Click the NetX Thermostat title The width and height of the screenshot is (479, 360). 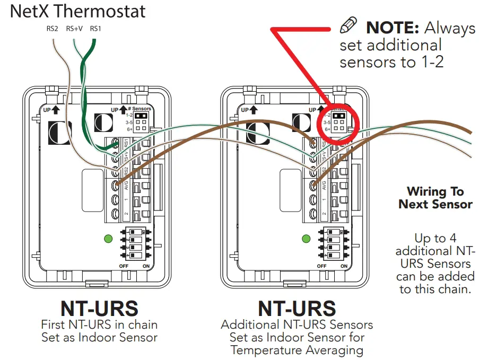[x=78, y=11]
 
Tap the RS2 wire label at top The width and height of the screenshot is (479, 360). [x=52, y=29]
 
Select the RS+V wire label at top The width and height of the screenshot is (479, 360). [x=74, y=29]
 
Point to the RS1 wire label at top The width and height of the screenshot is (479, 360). [x=95, y=29]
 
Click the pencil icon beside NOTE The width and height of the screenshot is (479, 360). [x=349, y=25]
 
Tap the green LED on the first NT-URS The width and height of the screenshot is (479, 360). [x=108, y=239]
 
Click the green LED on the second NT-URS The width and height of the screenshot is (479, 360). [x=306, y=239]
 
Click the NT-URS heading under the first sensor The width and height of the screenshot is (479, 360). [x=99, y=308]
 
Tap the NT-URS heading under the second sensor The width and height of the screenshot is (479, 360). [x=297, y=308]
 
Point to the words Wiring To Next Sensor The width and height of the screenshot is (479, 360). [x=436, y=198]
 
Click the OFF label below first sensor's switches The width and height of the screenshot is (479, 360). [x=124, y=266]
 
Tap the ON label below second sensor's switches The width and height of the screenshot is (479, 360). [x=344, y=266]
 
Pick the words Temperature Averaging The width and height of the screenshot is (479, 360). [x=297, y=350]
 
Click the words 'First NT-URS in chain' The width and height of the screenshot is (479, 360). [x=99, y=324]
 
